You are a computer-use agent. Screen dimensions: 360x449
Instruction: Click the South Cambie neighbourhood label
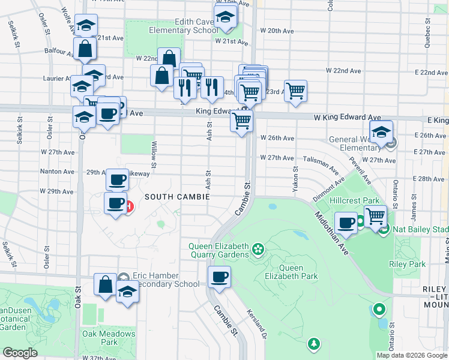click(x=176, y=197)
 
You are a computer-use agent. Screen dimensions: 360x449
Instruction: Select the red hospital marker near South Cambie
click(x=129, y=207)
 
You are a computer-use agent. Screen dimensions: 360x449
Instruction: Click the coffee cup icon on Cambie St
click(x=219, y=277)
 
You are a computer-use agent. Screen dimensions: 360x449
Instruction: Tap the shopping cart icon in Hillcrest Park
click(x=375, y=215)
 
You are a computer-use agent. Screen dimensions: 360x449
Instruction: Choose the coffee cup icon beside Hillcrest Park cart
click(x=346, y=223)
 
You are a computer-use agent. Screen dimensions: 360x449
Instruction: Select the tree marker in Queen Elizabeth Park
click(x=313, y=344)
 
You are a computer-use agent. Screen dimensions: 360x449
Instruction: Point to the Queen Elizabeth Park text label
click(x=291, y=272)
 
